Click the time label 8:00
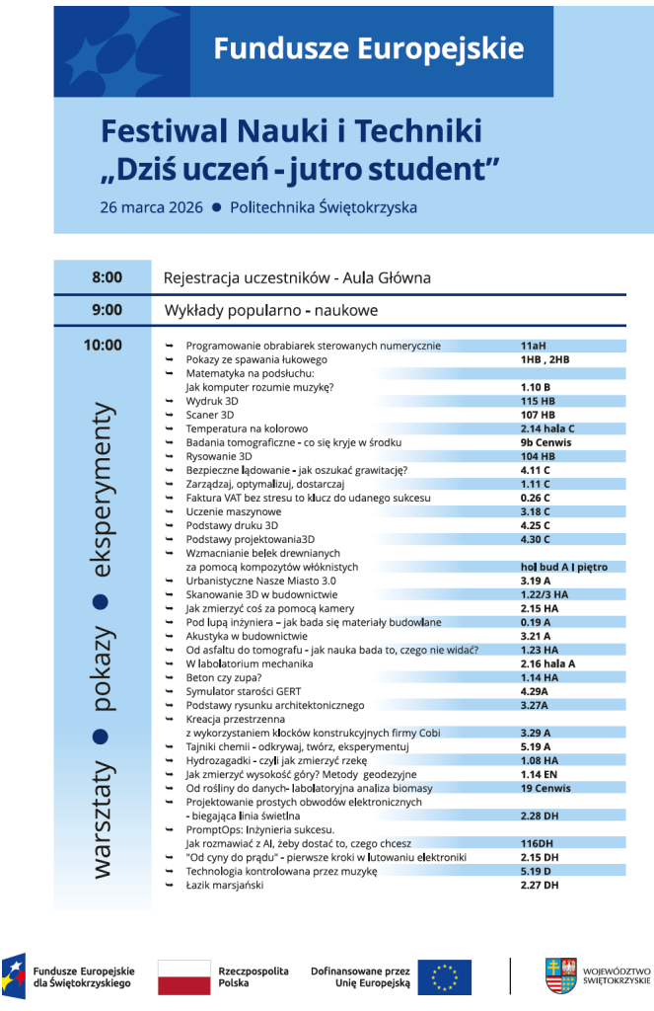pos(107,277)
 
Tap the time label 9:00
pos(107,310)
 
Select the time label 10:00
pos(103,345)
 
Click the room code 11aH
pos(533,346)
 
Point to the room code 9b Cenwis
pos(545,442)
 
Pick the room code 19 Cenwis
pos(545,789)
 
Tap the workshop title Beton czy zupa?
pos(224,678)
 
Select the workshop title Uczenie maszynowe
pos(234,511)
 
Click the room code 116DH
pos(538,844)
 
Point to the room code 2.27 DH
pos(540,886)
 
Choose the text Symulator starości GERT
pos(243,692)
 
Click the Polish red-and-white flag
pos(183,976)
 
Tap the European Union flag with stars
pos(444,976)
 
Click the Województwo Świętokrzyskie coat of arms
pos(560,975)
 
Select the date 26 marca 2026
pos(151,207)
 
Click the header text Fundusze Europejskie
pos(369,46)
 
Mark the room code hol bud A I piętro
pos(571,568)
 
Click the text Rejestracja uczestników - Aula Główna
pos(297,278)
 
